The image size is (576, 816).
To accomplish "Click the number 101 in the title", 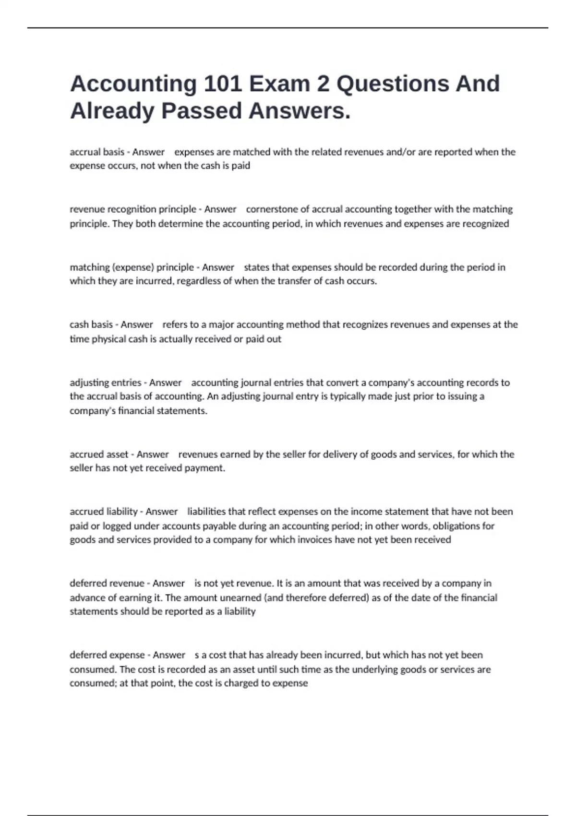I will tap(223, 84).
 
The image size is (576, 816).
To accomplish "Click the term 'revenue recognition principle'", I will tap(133, 209).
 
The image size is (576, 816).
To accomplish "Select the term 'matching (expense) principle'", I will tap(132, 267).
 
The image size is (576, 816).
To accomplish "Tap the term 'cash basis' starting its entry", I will tap(91, 324).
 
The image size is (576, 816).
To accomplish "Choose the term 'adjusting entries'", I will tap(106, 383).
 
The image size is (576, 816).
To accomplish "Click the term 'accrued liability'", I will tap(104, 512).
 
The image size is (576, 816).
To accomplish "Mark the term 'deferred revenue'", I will tap(107, 583).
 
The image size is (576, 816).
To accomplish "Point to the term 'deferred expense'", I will tap(107, 655).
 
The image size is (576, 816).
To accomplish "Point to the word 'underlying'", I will tap(374, 669).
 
